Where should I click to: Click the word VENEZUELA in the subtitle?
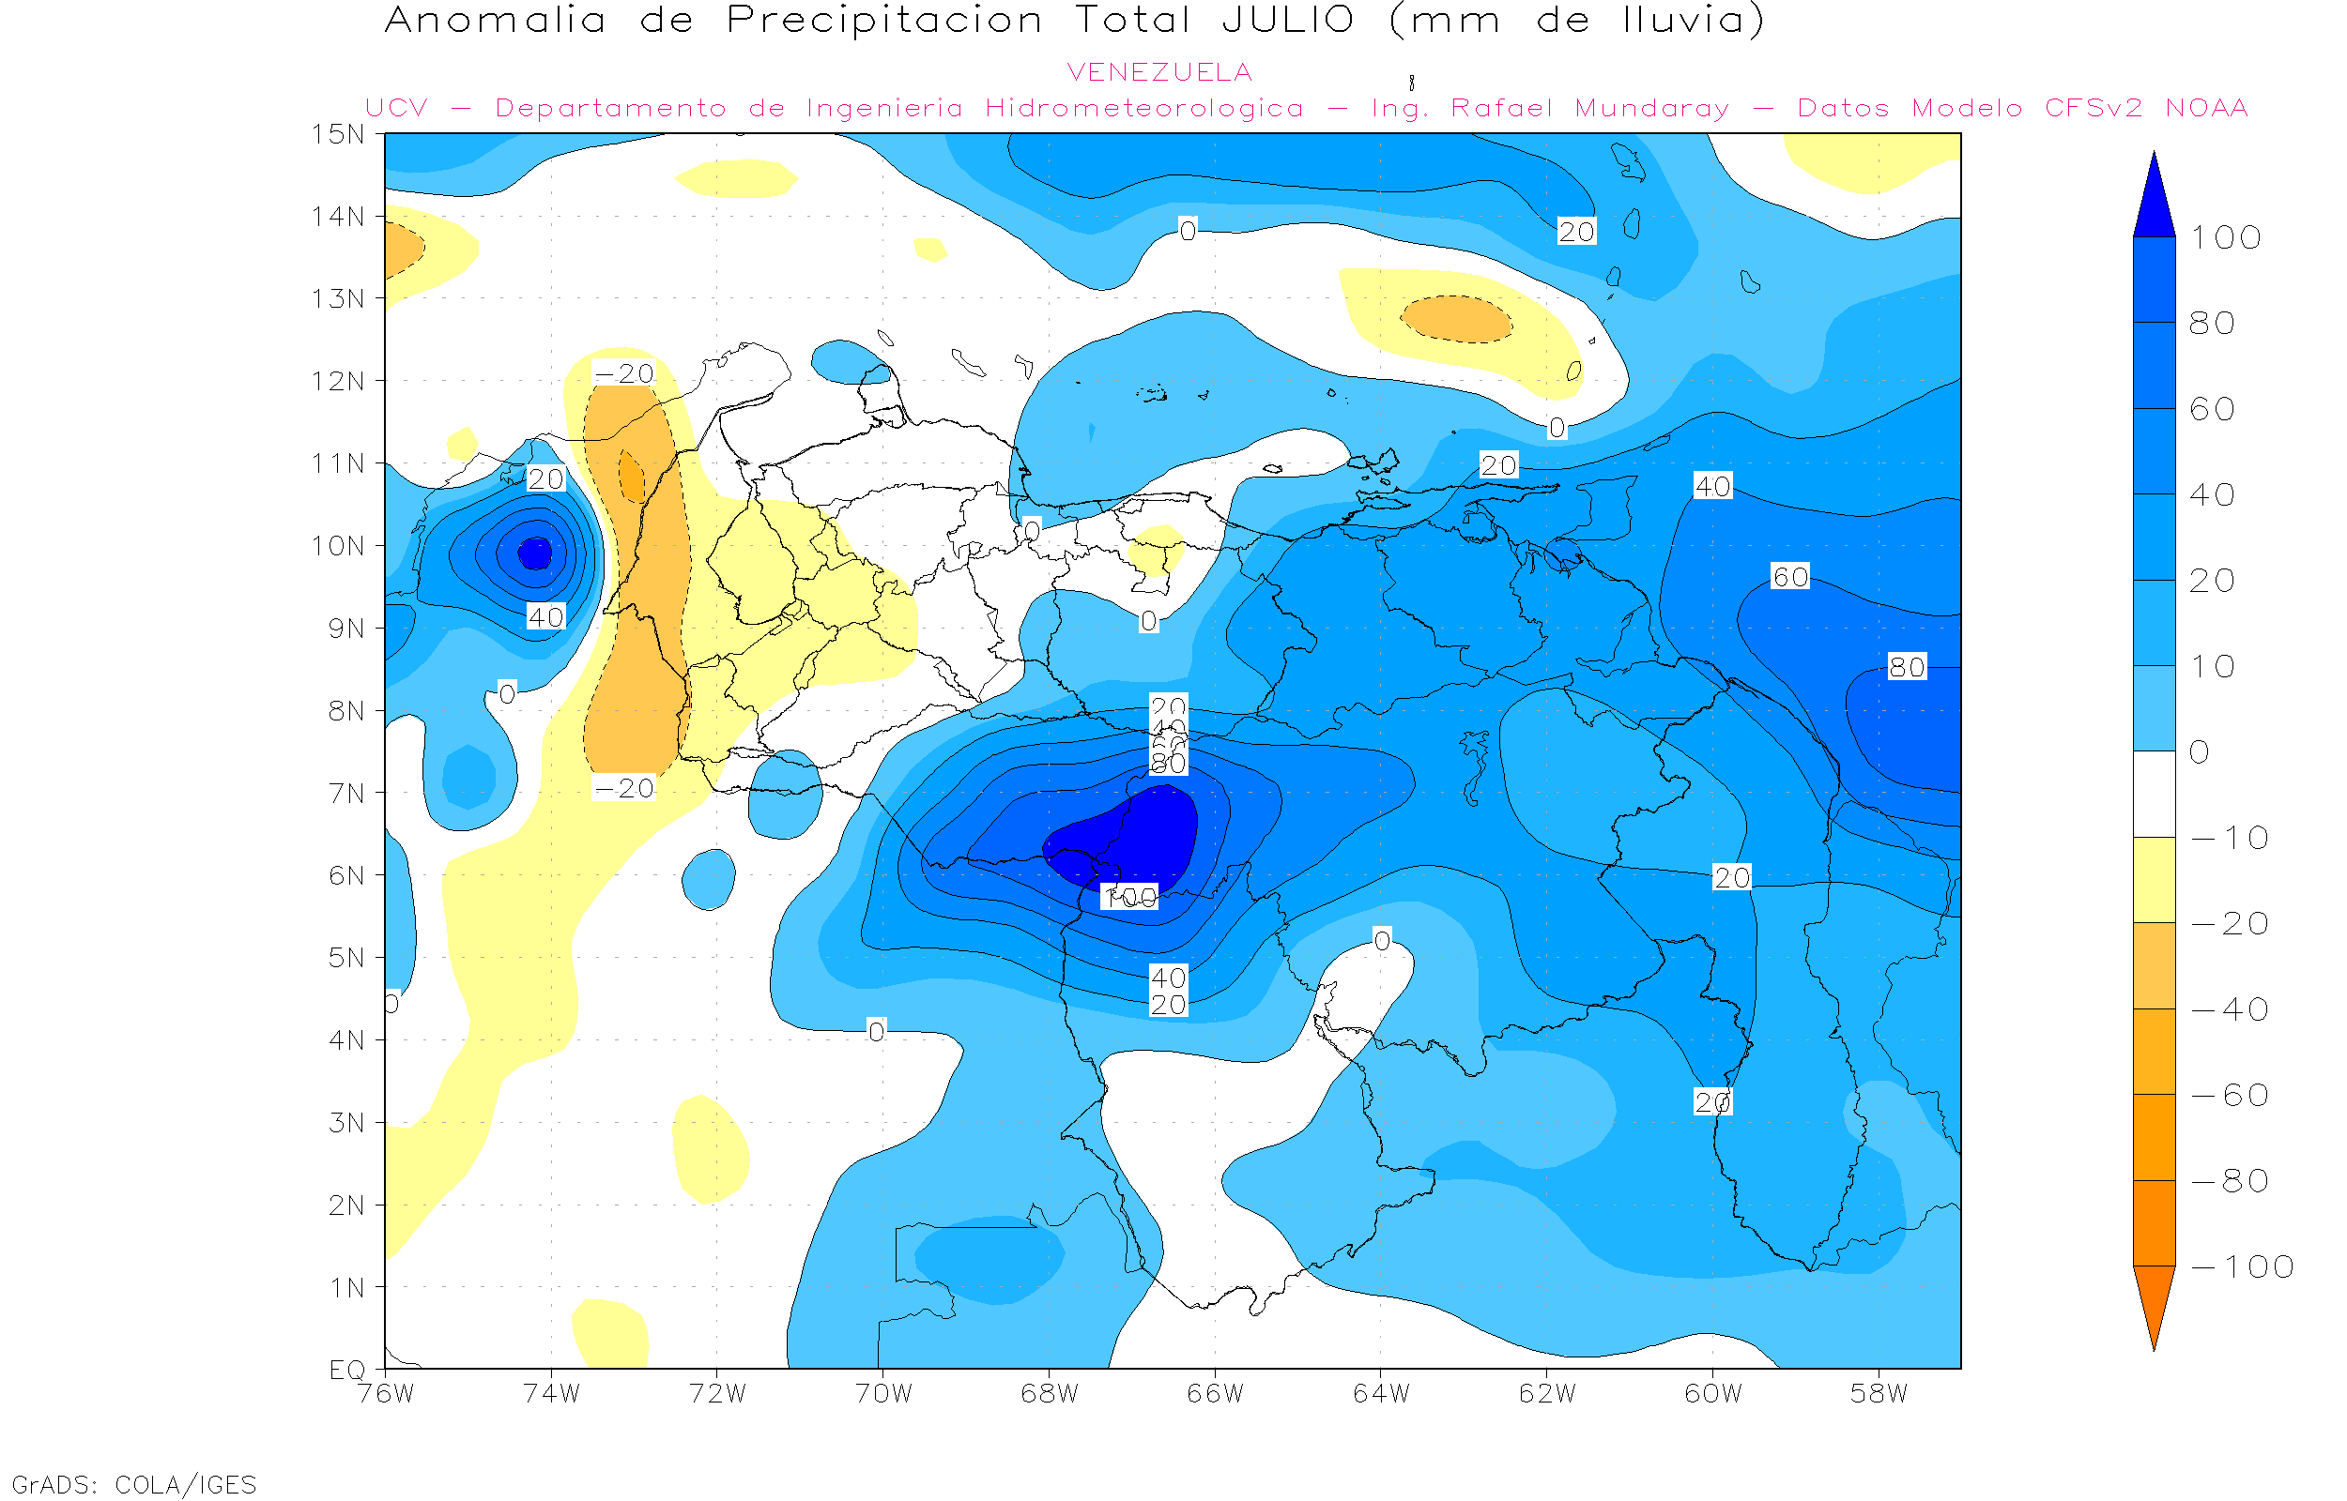(1159, 72)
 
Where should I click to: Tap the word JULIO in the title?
(1287, 21)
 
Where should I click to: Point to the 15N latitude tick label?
(337, 133)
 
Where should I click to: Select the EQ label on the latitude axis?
(347, 1370)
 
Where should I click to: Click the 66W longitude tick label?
(1215, 1394)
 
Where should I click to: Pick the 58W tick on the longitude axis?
(1878, 1394)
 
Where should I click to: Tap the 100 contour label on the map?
(1130, 897)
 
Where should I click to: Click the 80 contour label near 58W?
(1908, 667)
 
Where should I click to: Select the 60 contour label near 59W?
(1790, 577)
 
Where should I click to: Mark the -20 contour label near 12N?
(624, 373)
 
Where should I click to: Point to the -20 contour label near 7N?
(624, 787)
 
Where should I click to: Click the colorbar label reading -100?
(2242, 1266)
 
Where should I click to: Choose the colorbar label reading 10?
(2212, 667)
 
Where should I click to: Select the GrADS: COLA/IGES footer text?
(134, 1484)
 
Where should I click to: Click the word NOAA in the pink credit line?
(2206, 108)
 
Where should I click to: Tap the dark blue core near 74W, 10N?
(534, 553)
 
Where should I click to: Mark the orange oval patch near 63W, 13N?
(1457, 319)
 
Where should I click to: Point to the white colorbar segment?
(2154, 794)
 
